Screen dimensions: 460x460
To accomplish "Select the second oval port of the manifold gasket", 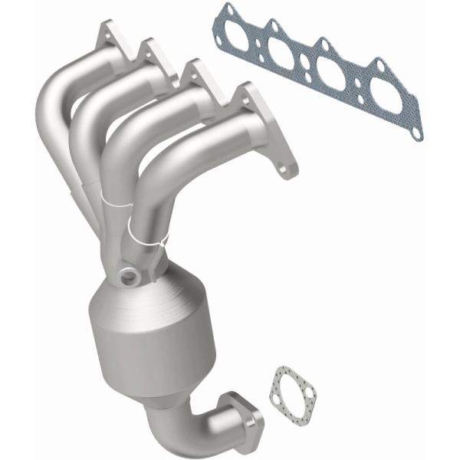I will [x=284, y=52].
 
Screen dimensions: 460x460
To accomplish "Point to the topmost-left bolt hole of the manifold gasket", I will [x=226, y=10].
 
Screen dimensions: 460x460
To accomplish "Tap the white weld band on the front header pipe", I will [x=146, y=227].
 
